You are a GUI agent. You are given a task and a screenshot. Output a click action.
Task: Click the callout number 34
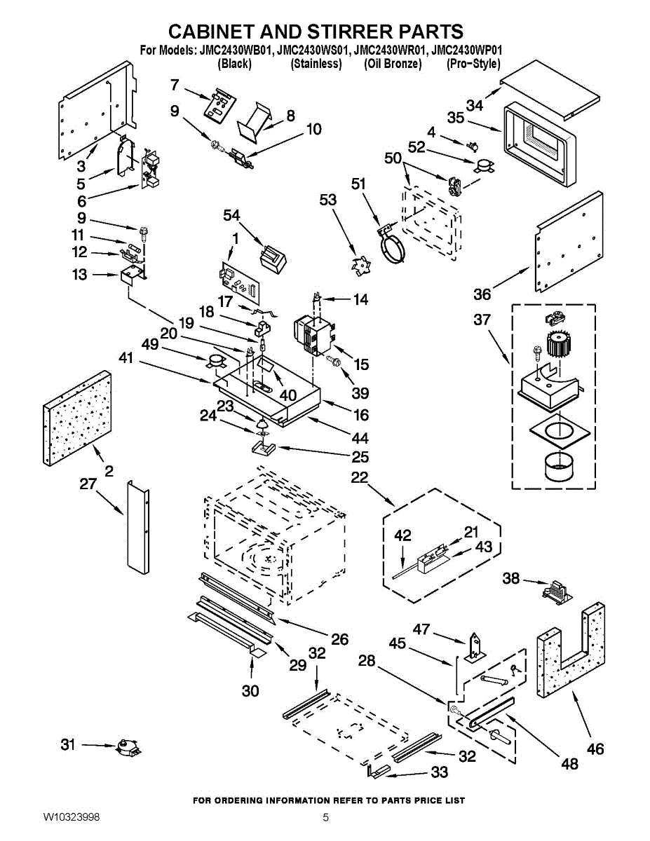475,105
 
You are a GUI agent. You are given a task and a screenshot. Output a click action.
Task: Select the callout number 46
595,749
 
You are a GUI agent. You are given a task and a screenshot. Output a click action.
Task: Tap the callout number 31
67,745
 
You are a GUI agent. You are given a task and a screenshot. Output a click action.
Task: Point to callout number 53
327,200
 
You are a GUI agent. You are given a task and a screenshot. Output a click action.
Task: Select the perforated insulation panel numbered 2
77,418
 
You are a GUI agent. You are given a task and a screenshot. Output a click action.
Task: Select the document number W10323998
72,817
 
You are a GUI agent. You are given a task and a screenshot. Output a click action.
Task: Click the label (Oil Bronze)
393,64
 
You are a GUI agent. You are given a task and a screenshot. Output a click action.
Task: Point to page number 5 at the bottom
325,817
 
